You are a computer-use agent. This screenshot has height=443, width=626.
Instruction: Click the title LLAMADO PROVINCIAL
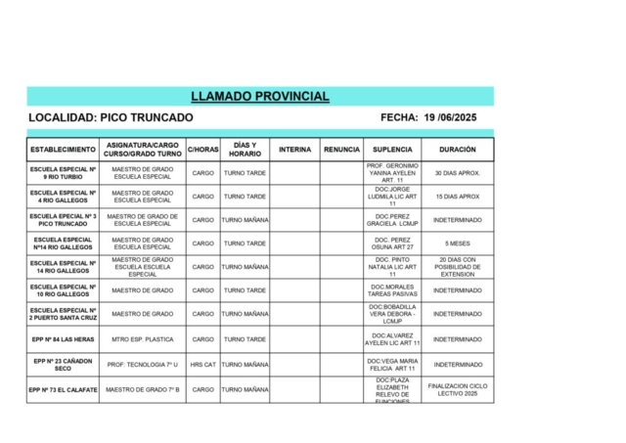[260, 97]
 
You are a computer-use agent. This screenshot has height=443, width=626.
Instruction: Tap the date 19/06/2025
[450, 117]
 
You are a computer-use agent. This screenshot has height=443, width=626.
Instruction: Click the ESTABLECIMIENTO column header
[64, 150]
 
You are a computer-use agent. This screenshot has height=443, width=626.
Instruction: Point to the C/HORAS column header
[202, 150]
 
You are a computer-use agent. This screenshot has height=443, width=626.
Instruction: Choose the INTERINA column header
[294, 150]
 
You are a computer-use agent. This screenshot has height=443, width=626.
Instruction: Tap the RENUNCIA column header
[341, 150]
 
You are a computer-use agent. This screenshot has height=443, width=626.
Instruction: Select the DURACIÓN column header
[458, 150]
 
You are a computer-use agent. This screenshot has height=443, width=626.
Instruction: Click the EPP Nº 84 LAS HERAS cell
[64, 339]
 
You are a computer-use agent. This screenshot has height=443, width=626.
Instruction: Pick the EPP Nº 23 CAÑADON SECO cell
[64, 364]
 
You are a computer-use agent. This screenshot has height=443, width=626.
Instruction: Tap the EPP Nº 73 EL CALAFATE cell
[64, 389]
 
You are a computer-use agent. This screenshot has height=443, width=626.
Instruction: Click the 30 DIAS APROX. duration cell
[458, 173]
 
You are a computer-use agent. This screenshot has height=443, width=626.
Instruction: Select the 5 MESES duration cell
[458, 244]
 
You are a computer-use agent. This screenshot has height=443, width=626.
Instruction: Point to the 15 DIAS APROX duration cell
[458, 197]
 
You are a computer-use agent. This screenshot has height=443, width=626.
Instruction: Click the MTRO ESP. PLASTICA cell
[143, 339]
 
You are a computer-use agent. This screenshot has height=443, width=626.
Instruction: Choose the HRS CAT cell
[202, 364]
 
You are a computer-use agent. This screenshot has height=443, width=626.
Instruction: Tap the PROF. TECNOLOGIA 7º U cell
[143, 364]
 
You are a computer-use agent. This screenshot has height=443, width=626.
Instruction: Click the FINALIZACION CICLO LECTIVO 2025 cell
[458, 389]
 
